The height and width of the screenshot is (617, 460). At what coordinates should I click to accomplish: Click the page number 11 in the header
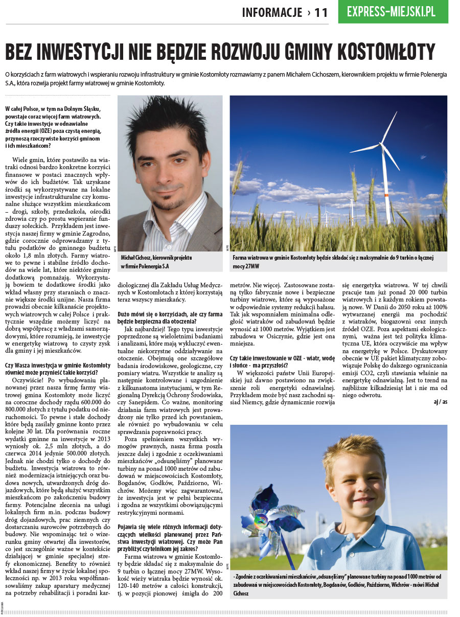point(321,13)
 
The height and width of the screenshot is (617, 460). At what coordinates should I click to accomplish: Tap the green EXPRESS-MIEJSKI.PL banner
point(393,12)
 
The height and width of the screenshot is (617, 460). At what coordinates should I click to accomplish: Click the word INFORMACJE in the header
point(272,13)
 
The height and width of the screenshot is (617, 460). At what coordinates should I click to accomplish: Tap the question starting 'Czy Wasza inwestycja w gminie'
point(57,369)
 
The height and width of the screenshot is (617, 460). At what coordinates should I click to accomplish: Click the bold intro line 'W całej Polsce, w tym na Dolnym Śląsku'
point(53,109)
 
